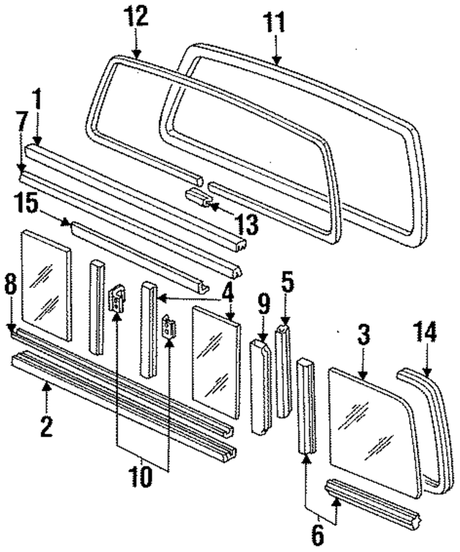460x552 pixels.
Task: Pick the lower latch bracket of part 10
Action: click(x=170, y=327)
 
